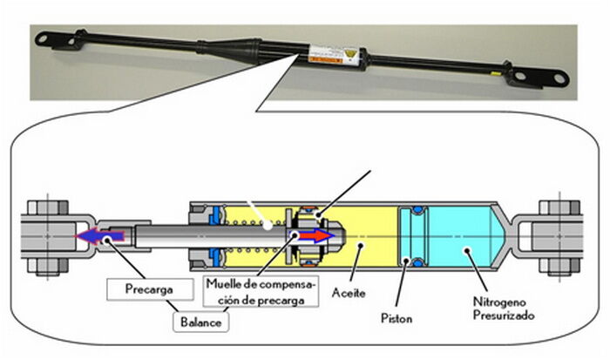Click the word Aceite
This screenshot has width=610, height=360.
(x=349, y=294)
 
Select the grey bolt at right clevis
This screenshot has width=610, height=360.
(x=561, y=235)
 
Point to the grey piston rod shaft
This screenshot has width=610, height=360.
(x=174, y=235)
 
